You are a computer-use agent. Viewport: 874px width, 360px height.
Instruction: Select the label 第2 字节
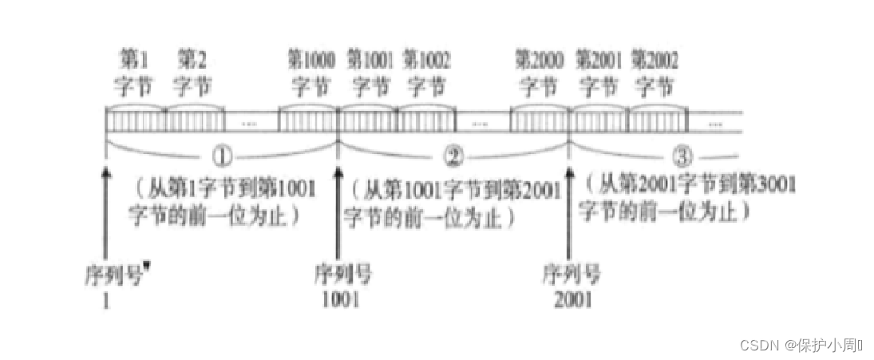(192, 71)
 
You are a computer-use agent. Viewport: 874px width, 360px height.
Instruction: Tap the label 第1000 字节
(310, 71)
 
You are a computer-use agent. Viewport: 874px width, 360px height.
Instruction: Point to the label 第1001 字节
(370, 71)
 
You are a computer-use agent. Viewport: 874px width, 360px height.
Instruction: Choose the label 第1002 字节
(427, 71)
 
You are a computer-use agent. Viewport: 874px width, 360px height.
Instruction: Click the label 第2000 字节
(539, 71)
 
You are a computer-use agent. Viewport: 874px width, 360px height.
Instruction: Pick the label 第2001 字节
(598, 71)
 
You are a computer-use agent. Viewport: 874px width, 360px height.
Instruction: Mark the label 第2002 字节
(655, 71)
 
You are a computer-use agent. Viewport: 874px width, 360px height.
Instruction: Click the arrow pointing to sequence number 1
(105, 208)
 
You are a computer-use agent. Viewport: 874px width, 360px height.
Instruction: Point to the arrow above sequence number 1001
(338, 208)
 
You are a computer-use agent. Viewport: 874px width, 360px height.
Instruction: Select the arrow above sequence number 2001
(568, 208)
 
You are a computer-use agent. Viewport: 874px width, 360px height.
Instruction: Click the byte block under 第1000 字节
(309, 121)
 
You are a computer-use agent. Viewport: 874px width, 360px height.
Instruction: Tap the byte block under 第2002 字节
(657, 121)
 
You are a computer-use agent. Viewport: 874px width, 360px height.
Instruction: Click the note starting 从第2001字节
(690, 197)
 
